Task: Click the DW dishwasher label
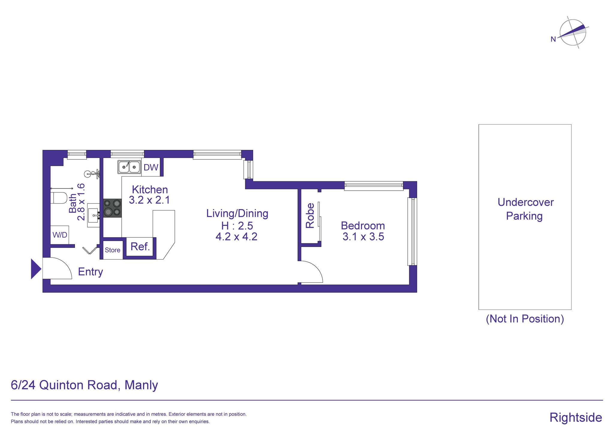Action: (151, 167)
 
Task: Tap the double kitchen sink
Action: (129, 167)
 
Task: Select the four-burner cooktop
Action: (112, 208)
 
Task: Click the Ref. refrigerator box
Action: (140, 247)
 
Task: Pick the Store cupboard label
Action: (112, 250)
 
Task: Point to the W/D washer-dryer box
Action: (60, 235)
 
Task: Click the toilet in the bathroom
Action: (59, 198)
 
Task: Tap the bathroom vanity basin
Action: (94, 215)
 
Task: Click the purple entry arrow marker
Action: (36, 269)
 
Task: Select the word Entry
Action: (90, 272)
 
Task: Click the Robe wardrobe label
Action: (310, 216)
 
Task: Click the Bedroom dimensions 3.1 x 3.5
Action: (363, 237)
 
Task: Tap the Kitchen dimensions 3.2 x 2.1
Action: (149, 200)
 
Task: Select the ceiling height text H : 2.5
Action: (237, 225)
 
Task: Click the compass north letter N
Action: (553, 39)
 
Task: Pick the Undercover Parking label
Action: (525, 209)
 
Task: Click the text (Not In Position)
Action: (525, 319)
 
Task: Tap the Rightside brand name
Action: (576, 418)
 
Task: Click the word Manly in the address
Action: (141, 385)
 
